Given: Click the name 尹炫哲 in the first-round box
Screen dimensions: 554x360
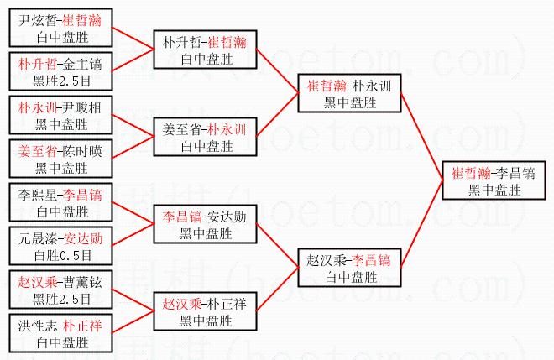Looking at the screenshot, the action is [38, 20].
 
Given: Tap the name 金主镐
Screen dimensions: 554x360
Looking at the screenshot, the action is [82, 65].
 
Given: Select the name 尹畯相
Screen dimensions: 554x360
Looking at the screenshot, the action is [82, 107].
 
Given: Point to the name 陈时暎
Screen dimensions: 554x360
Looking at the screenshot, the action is [82, 152].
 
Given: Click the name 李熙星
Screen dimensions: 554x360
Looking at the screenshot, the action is [38, 195].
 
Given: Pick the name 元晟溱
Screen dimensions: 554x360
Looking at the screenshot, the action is [38, 239].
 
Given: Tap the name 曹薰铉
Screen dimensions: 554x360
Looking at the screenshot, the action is [82, 282].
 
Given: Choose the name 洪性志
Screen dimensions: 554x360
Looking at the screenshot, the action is [38, 326].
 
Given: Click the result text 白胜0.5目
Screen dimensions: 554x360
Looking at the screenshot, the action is [63, 255].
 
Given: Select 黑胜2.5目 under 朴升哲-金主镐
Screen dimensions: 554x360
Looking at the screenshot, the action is [62, 81].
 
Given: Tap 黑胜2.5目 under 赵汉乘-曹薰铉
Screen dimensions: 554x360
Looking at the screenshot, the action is [62, 299].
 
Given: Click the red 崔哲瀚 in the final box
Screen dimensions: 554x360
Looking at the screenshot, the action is [472, 174].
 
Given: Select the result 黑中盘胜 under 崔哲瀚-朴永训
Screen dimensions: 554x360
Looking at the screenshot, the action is [350, 102].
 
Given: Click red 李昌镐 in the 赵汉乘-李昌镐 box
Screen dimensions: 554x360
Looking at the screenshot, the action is [371, 261].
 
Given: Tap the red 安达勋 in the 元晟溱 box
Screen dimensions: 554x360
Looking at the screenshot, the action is [83, 239].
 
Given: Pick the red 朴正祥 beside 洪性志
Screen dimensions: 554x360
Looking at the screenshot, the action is [82, 326].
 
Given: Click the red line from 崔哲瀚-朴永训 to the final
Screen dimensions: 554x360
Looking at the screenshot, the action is [422, 137].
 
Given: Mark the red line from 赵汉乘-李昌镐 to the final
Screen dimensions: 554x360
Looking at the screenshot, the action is [422, 224].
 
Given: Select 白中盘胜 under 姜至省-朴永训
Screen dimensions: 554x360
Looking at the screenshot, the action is [206, 146].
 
